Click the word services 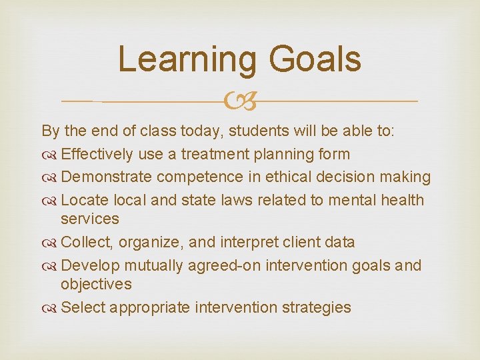click(x=89, y=219)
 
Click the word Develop click(x=90, y=265)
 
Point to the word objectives click(x=96, y=284)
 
